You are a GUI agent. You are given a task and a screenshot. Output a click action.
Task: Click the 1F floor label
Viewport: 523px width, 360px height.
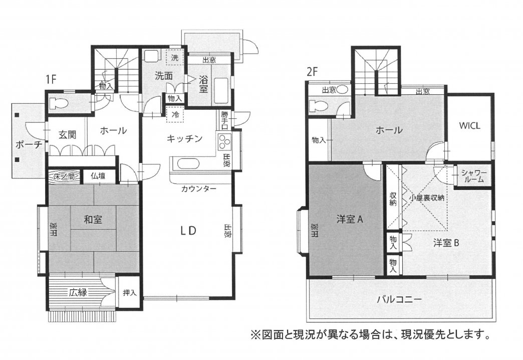[51, 79]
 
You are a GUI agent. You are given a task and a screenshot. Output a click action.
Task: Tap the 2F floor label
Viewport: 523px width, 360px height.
[312, 72]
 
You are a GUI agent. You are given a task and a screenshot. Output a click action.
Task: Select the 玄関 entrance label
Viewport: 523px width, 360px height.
[67, 134]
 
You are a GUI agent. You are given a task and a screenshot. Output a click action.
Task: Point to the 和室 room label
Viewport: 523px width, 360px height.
[93, 220]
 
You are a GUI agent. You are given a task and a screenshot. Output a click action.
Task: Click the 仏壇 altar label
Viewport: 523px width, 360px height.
[98, 175]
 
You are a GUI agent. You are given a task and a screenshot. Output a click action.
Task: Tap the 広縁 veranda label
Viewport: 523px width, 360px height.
[78, 292]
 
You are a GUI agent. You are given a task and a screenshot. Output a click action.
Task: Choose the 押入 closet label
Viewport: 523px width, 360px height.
[129, 293]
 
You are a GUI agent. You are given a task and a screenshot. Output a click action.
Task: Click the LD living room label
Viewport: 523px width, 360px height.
[188, 231]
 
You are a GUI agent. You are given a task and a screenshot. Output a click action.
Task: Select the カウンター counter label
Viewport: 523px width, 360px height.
[199, 189]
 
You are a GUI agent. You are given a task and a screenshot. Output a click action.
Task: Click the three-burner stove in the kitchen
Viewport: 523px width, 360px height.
[224, 142]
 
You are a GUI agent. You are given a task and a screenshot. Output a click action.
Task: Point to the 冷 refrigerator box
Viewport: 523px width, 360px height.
[175, 114]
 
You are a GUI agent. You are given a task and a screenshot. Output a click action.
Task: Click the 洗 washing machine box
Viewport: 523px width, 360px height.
[175, 58]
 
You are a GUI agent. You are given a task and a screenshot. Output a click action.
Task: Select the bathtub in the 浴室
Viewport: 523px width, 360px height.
[221, 91]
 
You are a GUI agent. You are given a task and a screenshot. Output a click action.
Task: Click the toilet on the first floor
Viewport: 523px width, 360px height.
[58, 103]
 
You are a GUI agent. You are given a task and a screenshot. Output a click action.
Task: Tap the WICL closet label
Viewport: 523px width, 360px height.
[469, 125]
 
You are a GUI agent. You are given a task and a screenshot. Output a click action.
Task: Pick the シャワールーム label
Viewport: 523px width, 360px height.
[474, 176]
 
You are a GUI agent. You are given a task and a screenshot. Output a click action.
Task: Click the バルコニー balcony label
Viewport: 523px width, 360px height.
[399, 299]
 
